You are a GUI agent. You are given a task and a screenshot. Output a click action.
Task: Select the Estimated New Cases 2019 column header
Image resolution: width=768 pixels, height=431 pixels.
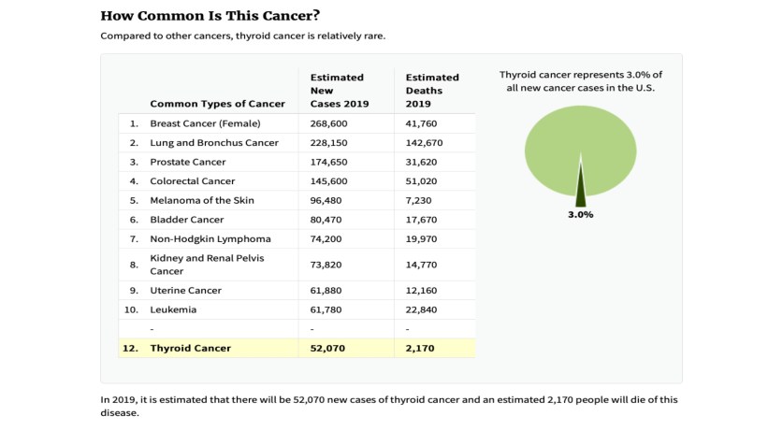pyautogui.click(x=337, y=90)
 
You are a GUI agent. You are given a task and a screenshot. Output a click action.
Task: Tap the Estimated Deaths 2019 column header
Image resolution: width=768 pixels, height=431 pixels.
pyautogui.click(x=432, y=90)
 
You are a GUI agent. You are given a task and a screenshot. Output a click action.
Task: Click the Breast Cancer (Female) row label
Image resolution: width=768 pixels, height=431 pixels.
pyautogui.click(x=205, y=123)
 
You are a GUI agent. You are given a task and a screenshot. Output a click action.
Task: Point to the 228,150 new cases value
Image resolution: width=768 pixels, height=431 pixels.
pyautogui.click(x=329, y=143)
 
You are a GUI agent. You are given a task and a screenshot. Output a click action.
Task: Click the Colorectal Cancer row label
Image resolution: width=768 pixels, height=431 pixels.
pyautogui.click(x=193, y=181)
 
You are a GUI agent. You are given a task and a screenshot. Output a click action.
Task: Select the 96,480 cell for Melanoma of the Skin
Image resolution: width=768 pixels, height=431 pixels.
pyautogui.click(x=326, y=200)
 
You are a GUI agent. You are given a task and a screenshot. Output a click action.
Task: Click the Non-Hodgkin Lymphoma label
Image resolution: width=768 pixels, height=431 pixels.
pyautogui.click(x=210, y=238)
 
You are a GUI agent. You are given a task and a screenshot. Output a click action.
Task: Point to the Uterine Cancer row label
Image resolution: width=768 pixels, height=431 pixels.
pyautogui.click(x=185, y=291)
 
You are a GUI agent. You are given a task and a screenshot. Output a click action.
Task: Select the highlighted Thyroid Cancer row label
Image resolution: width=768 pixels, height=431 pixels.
pyautogui.click(x=190, y=349)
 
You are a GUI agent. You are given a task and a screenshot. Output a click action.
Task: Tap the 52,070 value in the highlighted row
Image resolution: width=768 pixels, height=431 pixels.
pyautogui.click(x=328, y=349)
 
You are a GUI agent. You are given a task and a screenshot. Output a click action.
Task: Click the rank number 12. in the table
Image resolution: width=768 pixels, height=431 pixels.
pyautogui.click(x=130, y=349)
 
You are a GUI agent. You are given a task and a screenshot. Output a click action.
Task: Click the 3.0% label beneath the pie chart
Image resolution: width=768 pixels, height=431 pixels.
pyautogui.click(x=580, y=214)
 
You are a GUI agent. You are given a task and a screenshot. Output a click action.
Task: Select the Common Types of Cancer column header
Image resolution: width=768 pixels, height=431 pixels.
pyautogui.click(x=217, y=103)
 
